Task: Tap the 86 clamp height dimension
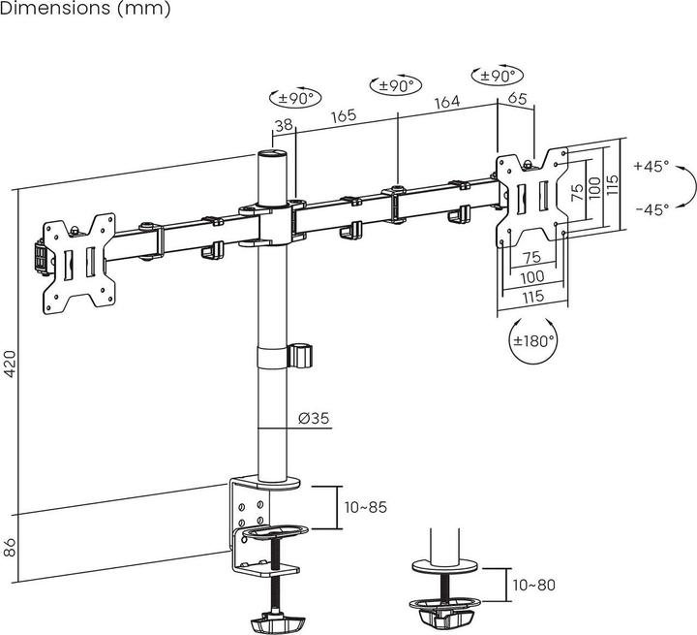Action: [10, 548]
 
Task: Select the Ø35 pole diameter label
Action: [315, 418]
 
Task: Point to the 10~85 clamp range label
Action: [366, 506]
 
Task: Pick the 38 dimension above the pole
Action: [284, 124]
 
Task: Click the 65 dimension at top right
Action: [517, 97]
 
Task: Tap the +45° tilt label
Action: [652, 167]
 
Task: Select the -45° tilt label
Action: [652, 208]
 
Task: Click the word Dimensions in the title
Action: [48, 9]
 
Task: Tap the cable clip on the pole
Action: [302, 354]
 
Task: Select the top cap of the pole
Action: [273, 153]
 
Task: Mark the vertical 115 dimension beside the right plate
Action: [612, 184]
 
